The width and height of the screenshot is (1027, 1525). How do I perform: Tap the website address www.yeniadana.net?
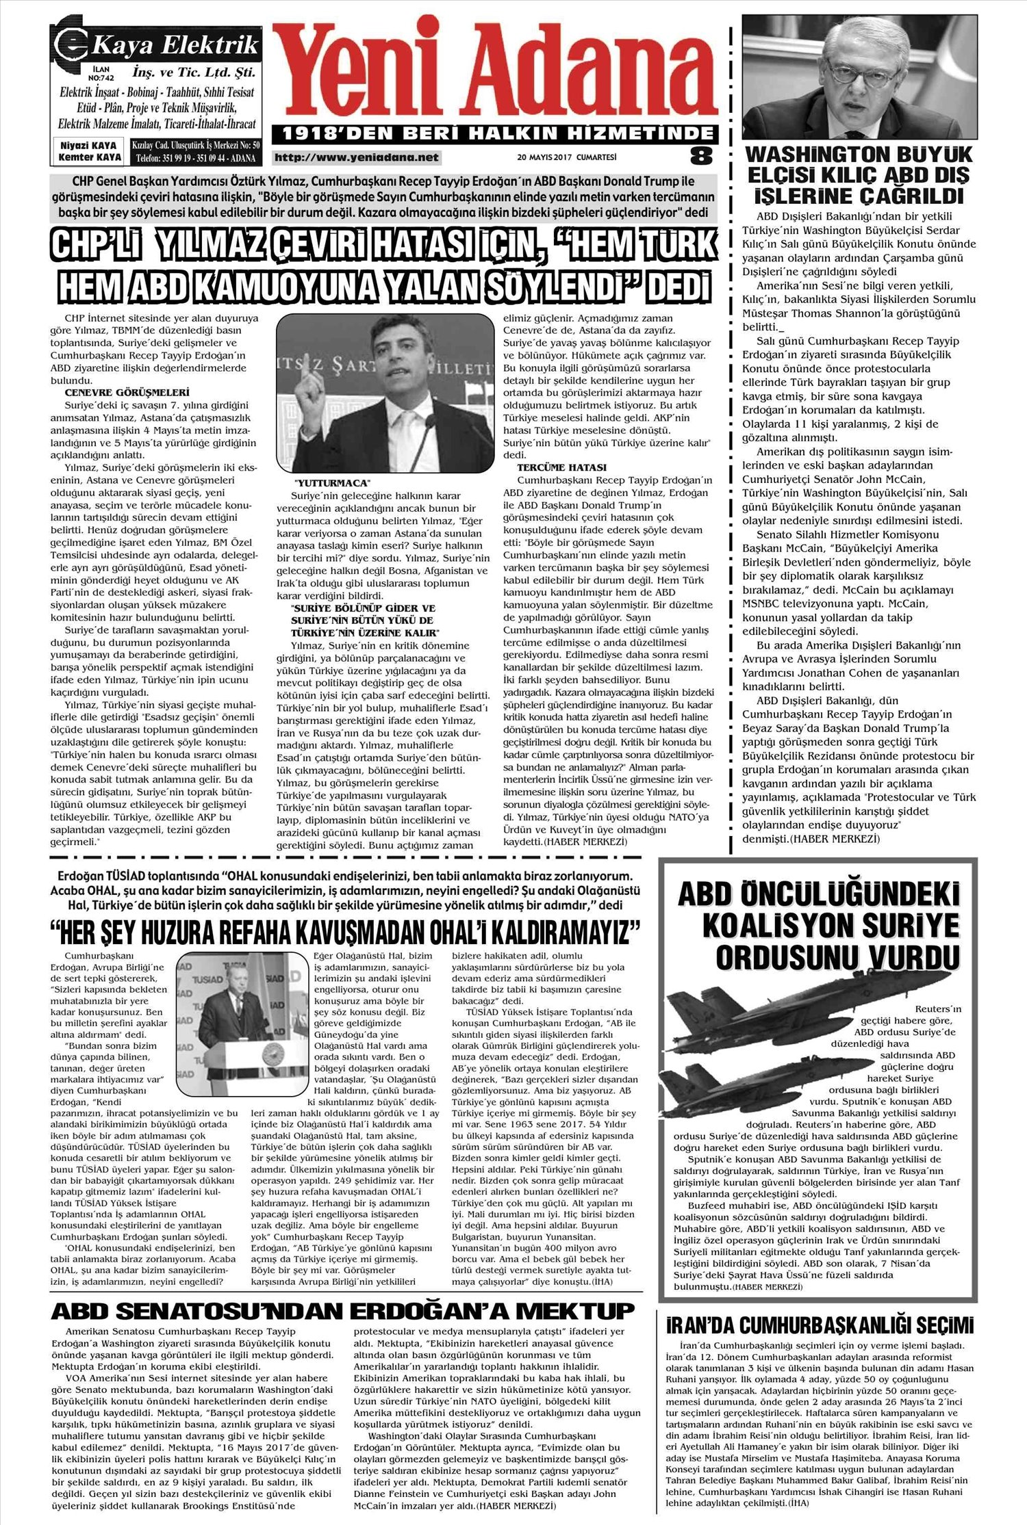(356, 157)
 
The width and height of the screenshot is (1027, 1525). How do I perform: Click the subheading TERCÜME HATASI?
(561, 467)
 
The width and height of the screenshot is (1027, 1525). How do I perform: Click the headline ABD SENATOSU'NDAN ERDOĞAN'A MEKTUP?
(343, 1310)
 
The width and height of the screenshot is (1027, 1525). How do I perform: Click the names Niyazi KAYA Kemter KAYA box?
(90, 151)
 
